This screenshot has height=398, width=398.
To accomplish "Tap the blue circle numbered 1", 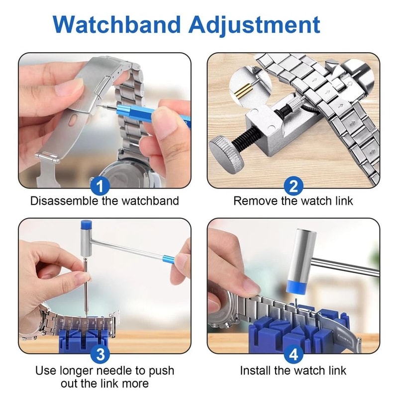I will [x=101, y=187].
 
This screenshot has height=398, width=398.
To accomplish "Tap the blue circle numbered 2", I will [x=294, y=187].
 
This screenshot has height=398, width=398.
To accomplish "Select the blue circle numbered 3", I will [x=101, y=355].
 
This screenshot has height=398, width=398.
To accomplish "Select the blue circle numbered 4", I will [x=294, y=355].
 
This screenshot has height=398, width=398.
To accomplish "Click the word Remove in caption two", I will [x=253, y=201].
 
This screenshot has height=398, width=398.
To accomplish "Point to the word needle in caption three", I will [x=118, y=371].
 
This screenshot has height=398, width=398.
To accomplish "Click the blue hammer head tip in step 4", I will [x=298, y=289].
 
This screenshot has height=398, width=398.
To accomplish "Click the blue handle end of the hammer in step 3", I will [x=168, y=258].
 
